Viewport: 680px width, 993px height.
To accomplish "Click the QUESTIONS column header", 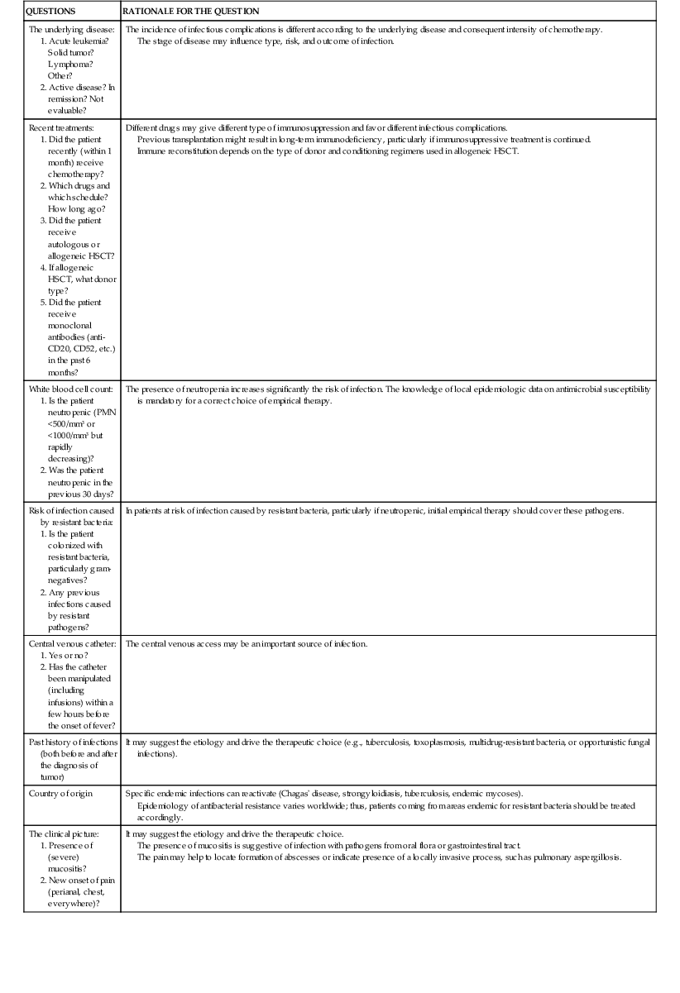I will [50, 12].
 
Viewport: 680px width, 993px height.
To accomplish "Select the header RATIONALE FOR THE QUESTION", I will [191, 12].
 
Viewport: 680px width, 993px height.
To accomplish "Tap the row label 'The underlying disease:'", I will [72, 30].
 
